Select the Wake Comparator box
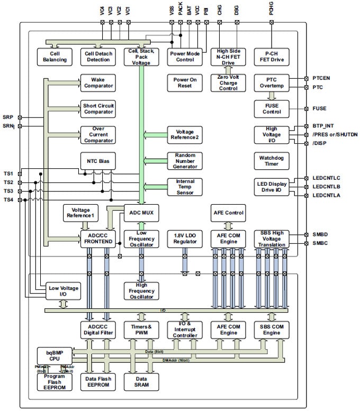click(x=97, y=83)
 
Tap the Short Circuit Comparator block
click(x=97, y=108)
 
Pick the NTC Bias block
click(x=97, y=160)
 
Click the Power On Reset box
click(x=185, y=83)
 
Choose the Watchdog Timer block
click(x=272, y=161)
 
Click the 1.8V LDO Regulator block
click(x=185, y=238)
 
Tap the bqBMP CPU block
click(x=53, y=354)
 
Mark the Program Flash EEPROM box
click(x=53, y=381)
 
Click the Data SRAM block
click(x=141, y=381)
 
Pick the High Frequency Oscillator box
click(x=141, y=290)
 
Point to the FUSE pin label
click(x=320, y=108)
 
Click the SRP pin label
click(x=8, y=117)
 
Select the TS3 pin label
click(x=8, y=191)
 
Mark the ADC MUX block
click(x=141, y=213)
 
